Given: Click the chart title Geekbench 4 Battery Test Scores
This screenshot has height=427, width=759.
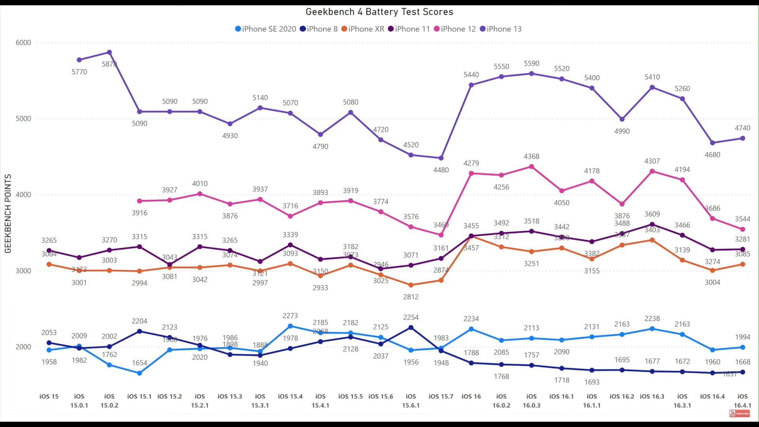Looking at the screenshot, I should pyautogui.click(x=379, y=12).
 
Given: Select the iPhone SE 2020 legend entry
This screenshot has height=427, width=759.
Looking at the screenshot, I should pyautogui.click(x=265, y=29).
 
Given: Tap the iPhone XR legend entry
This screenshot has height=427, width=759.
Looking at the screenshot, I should pyautogui.click(x=363, y=29).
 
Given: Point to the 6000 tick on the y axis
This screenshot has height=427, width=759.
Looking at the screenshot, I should pyautogui.click(x=23, y=43).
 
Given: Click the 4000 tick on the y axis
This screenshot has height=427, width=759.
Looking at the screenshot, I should pyautogui.click(x=23, y=195).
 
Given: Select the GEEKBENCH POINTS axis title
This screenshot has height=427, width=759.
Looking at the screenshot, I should pyautogui.click(x=8, y=213).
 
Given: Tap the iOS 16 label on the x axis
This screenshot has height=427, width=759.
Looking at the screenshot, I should pyautogui.click(x=471, y=396).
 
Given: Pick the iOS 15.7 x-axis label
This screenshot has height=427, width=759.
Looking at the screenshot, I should pyautogui.click(x=441, y=396).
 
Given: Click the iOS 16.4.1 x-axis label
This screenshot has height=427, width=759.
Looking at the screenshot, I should pyautogui.click(x=742, y=401).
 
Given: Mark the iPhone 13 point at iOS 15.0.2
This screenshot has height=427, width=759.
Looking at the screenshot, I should pyautogui.click(x=110, y=53).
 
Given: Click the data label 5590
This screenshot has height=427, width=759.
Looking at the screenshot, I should pyautogui.click(x=531, y=64).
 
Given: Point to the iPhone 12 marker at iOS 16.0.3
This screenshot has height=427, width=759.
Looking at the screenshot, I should pyautogui.click(x=531, y=167).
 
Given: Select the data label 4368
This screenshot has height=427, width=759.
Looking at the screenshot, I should pyautogui.click(x=531, y=157).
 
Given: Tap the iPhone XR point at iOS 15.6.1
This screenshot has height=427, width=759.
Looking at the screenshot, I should pyautogui.click(x=411, y=285).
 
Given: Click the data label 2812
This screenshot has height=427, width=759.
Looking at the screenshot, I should pyautogui.click(x=411, y=297).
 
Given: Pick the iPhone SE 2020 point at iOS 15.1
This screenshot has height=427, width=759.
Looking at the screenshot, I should pyautogui.click(x=140, y=373).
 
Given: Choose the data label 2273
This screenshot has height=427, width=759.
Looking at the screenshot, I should pyautogui.click(x=290, y=316).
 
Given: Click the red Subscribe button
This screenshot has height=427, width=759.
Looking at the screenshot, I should pyautogui.click(x=739, y=414).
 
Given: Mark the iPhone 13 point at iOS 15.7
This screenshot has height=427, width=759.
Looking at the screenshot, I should pyautogui.click(x=441, y=158).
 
